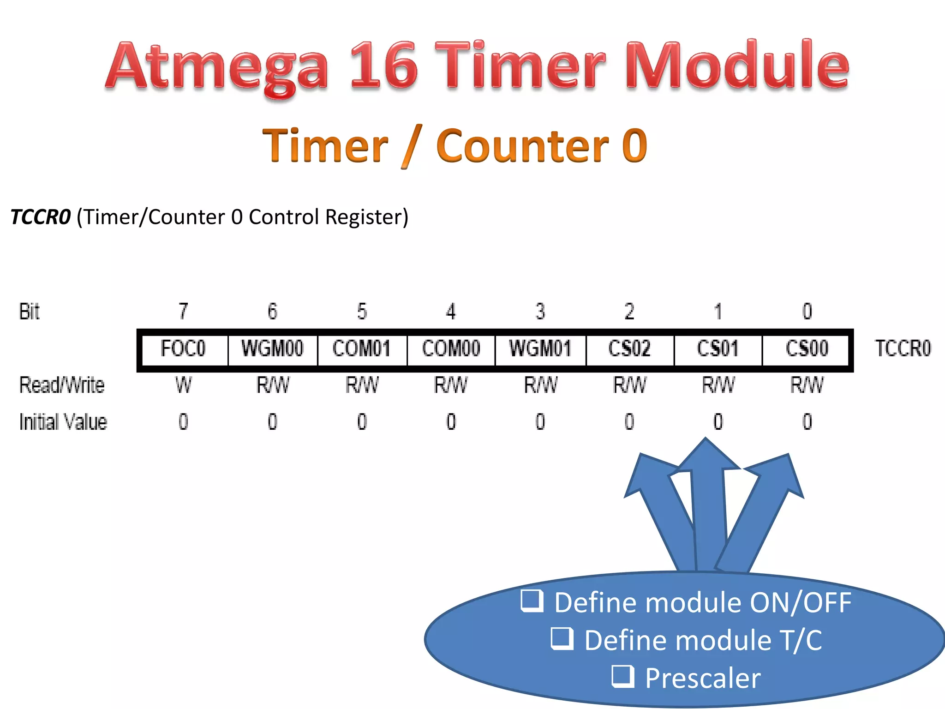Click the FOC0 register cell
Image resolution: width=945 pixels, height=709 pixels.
coord(183,349)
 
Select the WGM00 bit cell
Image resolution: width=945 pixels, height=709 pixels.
coord(272,349)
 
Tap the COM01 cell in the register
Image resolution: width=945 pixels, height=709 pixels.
coord(362,349)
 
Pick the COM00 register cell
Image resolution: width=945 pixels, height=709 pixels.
coord(451,349)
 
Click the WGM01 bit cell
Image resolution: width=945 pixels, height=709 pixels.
coord(540,349)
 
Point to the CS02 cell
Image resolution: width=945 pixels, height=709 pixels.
coord(629,349)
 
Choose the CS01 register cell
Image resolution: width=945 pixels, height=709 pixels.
coord(718,349)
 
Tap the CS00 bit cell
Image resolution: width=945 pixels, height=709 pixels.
coord(807,349)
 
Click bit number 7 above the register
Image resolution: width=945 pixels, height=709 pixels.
coord(183,312)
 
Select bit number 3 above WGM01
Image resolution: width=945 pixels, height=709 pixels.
coord(540,312)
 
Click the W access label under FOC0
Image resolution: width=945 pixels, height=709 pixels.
coord(183,385)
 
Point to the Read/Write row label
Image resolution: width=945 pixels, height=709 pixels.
coord(62,385)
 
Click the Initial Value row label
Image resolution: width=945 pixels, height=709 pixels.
coord(63,422)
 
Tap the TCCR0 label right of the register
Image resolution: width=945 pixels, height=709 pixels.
coord(903,349)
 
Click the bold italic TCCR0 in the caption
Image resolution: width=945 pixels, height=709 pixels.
coord(41,217)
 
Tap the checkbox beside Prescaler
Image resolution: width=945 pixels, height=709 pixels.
coord(623,676)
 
